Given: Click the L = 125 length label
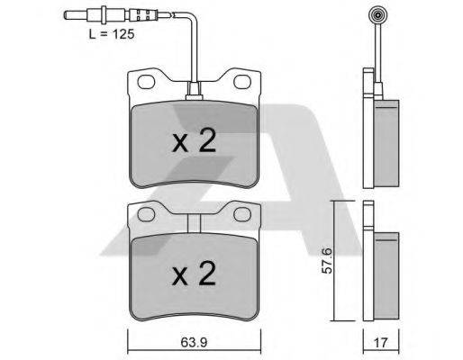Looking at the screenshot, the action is click(112, 34).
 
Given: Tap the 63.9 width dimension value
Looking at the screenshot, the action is click(194, 342).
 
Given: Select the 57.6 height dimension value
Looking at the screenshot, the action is click(327, 260).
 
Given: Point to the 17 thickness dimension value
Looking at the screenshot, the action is click(381, 343).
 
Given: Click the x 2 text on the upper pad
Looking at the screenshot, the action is click(195, 140).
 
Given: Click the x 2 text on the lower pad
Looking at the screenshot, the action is click(195, 273).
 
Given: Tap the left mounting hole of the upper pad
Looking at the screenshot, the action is click(146, 82).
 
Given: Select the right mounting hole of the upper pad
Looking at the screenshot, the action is click(242, 82).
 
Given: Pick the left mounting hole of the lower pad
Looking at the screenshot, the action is click(146, 214).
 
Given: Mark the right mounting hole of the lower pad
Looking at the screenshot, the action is click(242, 215).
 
